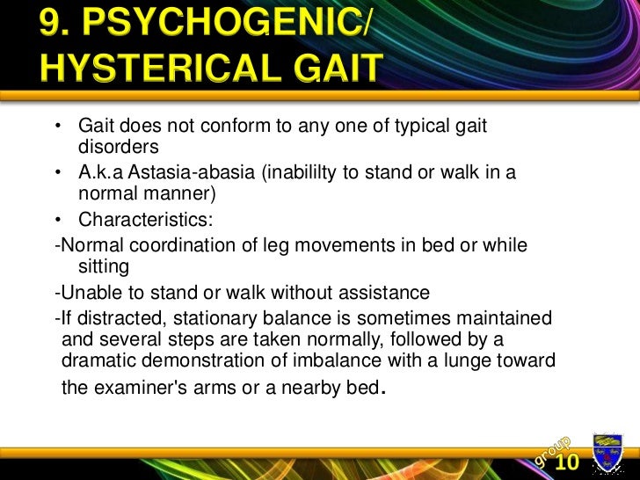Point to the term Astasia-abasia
(193, 172)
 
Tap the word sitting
(104, 265)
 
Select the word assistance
(387, 292)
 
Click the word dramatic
(98, 360)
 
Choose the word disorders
(119, 146)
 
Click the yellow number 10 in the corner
(567, 462)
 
